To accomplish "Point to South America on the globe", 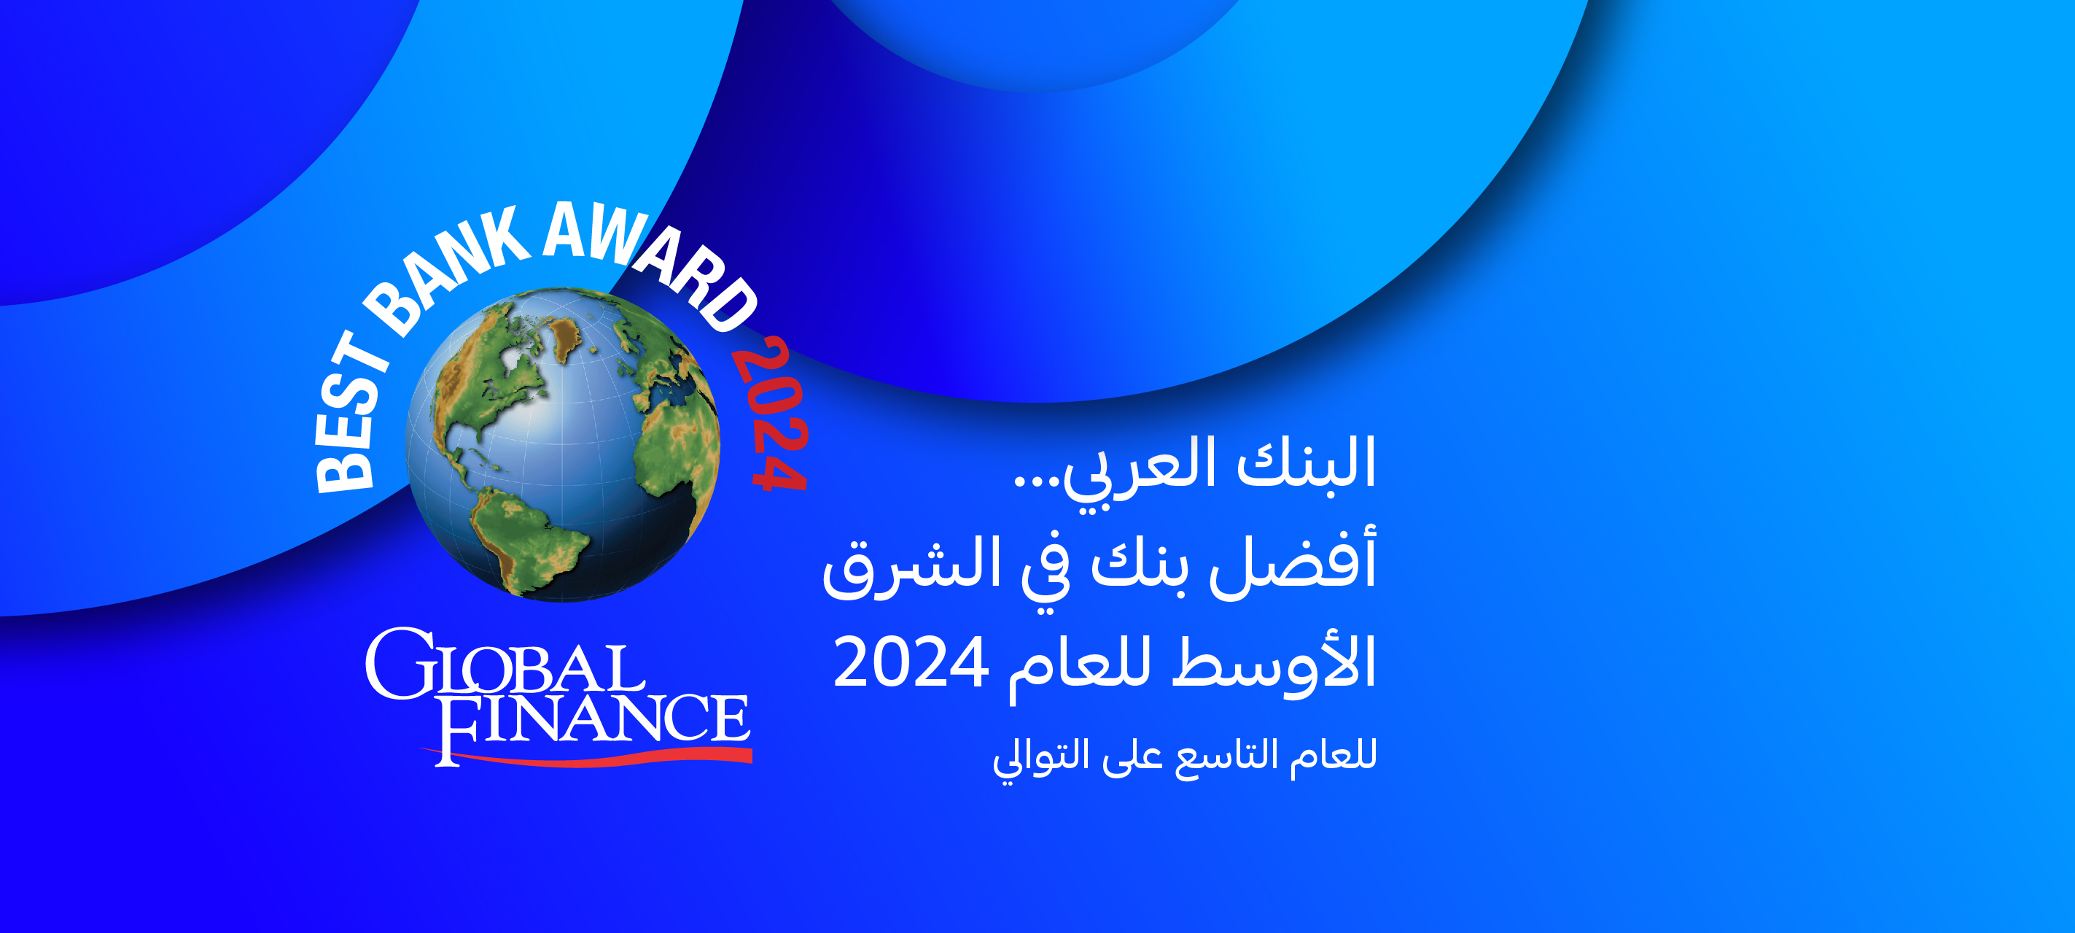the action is [x=523, y=540].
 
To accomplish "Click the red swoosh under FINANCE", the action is [x=588, y=756].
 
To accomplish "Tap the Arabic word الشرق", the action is [x=901, y=565].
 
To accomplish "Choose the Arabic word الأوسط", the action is [x=1274, y=662].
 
